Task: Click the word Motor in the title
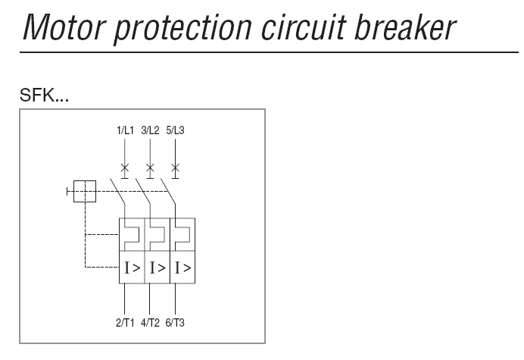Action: click(x=61, y=27)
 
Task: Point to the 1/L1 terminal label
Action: click(x=125, y=130)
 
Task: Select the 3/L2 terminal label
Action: click(x=150, y=130)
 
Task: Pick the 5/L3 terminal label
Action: click(x=175, y=130)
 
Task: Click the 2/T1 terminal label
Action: click(x=126, y=323)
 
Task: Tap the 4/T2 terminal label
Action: click(x=150, y=323)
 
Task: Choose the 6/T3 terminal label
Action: click(x=175, y=323)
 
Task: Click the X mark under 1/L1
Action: click(x=125, y=166)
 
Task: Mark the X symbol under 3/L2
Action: click(x=150, y=166)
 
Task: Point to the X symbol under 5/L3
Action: click(x=176, y=166)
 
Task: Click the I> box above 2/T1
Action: click(x=133, y=268)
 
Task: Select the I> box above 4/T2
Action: click(x=158, y=268)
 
